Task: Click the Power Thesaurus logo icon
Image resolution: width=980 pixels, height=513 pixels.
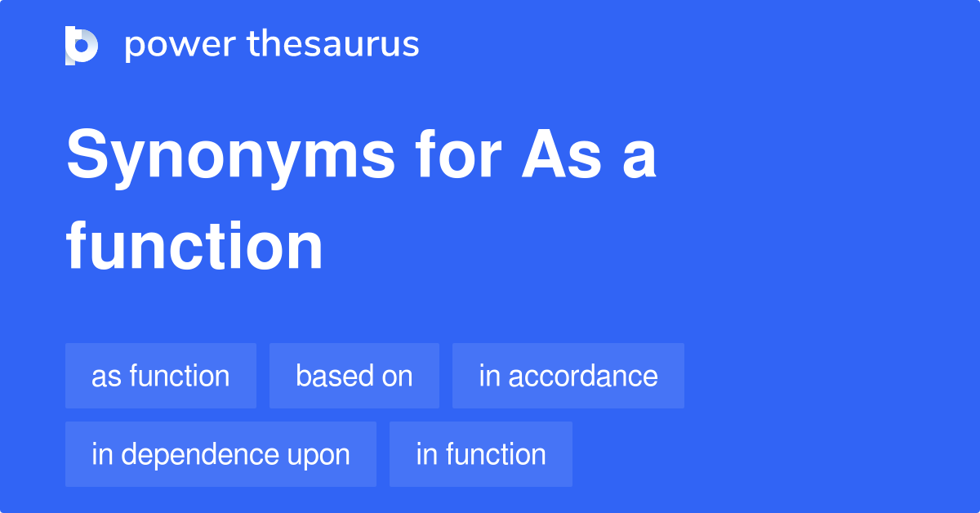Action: [82, 45]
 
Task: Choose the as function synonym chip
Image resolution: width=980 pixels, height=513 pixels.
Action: [161, 376]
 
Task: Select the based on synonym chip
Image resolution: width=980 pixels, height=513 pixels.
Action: [354, 376]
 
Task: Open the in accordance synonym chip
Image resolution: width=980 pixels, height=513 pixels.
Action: [568, 376]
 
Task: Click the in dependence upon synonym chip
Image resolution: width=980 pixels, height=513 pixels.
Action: [220, 454]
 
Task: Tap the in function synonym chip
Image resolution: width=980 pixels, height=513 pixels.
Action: [480, 454]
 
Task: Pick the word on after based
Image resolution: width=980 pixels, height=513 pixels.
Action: [395, 376]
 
